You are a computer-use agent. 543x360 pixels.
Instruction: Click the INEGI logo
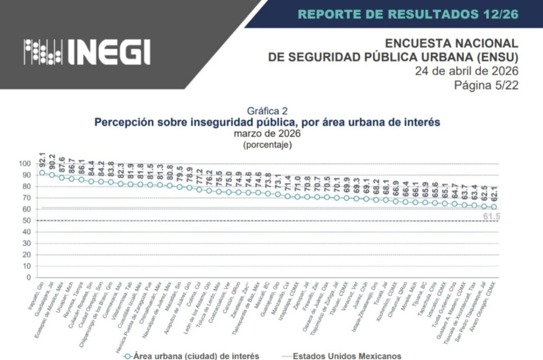click(x=87, y=51)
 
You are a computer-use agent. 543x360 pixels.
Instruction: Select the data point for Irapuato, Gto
click(x=42, y=173)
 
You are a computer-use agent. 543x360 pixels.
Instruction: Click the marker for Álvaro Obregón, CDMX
click(x=494, y=207)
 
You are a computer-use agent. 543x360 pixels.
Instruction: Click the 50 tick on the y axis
click(x=26, y=220)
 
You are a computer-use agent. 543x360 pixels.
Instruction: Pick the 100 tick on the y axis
click(x=24, y=163)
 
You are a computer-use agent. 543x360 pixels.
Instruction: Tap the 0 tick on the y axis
click(x=28, y=278)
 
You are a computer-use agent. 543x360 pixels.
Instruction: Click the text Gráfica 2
click(x=267, y=111)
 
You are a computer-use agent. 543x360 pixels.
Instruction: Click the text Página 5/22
click(x=486, y=85)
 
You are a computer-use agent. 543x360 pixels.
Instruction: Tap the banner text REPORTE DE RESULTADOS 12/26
click(x=408, y=14)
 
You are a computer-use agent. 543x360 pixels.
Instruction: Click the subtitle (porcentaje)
click(x=267, y=145)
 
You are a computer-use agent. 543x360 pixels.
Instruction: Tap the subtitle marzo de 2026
click(x=267, y=134)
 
